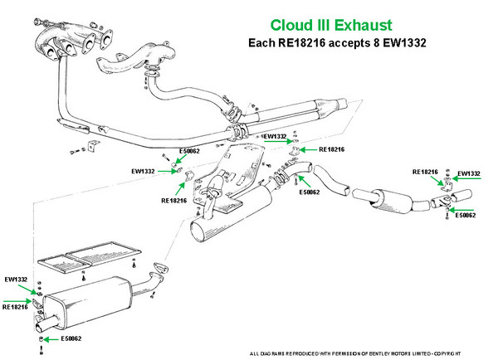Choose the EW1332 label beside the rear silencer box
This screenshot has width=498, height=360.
(17, 280)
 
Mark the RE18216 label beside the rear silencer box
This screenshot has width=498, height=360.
(16, 306)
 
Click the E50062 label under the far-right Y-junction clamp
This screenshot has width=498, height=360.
(463, 215)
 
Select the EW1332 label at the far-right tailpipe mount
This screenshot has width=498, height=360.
(469, 173)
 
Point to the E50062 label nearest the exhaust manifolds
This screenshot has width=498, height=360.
(190, 152)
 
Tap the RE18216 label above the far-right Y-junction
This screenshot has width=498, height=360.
(426, 172)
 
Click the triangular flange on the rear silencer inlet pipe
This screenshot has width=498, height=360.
(155, 269)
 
